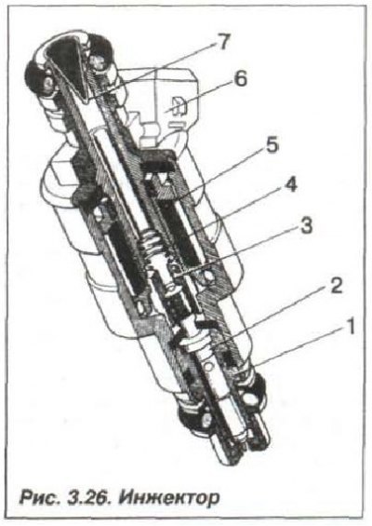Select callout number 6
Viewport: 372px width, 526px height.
[240, 80]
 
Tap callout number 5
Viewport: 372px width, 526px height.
[272, 146]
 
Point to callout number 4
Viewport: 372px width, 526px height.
[290, 184]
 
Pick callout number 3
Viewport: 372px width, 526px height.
[306, 226]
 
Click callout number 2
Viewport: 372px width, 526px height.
[335, 285]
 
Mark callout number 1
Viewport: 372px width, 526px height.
[350, 326]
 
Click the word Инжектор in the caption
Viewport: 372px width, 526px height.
[169, 497]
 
